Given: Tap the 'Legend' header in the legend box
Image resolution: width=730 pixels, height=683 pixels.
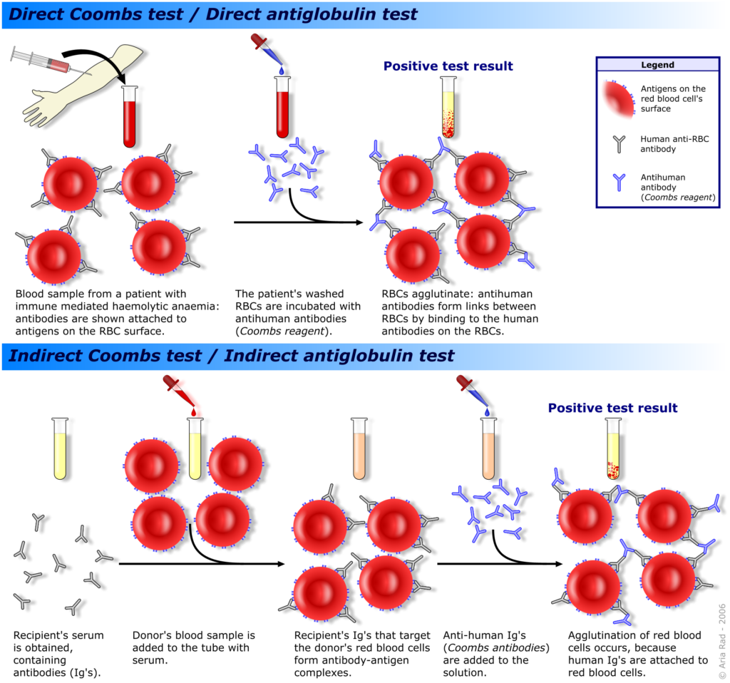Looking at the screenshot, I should tap(657, 65).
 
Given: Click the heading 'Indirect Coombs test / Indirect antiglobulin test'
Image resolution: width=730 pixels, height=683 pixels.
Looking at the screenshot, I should tap(229, 356).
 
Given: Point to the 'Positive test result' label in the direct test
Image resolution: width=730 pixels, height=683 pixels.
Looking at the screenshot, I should tap(448, 66).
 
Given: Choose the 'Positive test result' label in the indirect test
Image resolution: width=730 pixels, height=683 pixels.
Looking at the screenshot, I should tap(612, 408).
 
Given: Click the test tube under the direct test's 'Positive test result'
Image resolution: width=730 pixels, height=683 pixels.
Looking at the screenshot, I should tap(448, 107).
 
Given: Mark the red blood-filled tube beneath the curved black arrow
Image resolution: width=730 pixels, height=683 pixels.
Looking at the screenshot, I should tap(130, 116).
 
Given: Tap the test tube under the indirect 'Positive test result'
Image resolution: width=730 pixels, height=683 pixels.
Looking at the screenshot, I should tap(612, 448).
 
